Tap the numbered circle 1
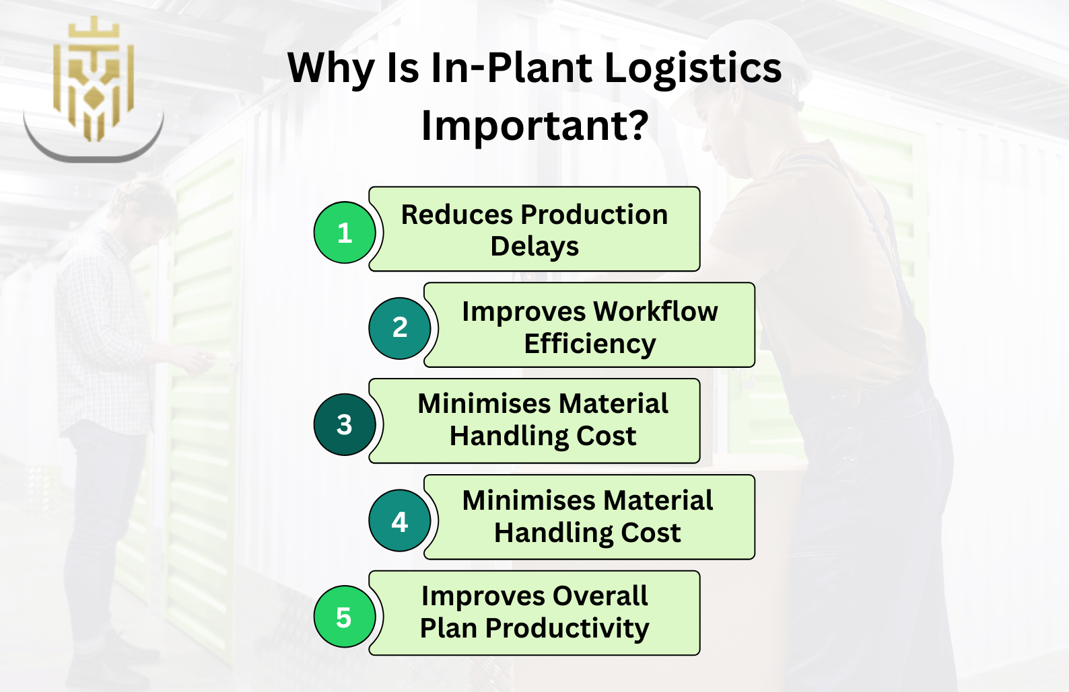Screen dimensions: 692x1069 [x=345, y=232]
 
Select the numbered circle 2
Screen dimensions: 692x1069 [x=400, y=328]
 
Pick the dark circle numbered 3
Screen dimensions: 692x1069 [x=345, y=424]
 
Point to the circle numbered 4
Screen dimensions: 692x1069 [x=400, y=521]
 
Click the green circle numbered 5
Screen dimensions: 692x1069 [x=345, y=616]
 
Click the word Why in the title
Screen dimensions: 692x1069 [x=331, y=69]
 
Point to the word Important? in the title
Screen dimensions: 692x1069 [x=534, y=125]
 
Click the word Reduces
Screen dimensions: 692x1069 [x=457, y=215]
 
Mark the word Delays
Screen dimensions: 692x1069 [x=534, y=247]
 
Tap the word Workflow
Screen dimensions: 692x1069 [x=656, y=311]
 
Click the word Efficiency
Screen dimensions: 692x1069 [x=590, y=344]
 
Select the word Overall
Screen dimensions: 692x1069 [x=600, y=596]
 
